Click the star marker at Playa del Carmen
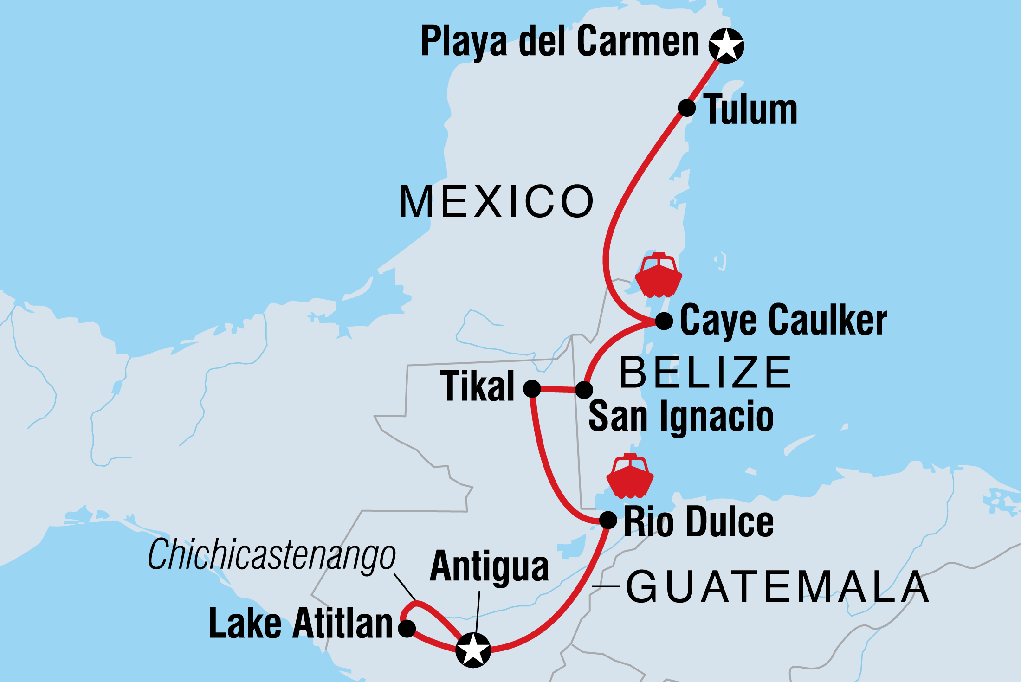click(x=726, y=45)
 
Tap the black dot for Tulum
click(x=687, y=108)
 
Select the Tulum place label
click(x=750, y=110)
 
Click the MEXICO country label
click(x=497, y=201)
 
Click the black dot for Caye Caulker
click(x=664, y=321)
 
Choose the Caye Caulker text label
click(x=783, y=321)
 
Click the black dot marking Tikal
click(x=532, y=388)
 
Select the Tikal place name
click(x=478, y=386)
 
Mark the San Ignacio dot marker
click(x=584, y=389)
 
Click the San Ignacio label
click(x=681, y=417)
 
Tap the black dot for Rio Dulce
click(x=608, y=520)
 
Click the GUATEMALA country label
click(x=777, y=587)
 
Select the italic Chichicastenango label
click(x=271, y=555)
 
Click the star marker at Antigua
click(x=473, y=650)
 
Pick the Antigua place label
click(x=489, y=566)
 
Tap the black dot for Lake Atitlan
click(x=407, y=629)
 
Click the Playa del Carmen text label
click(x=559, y=42)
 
